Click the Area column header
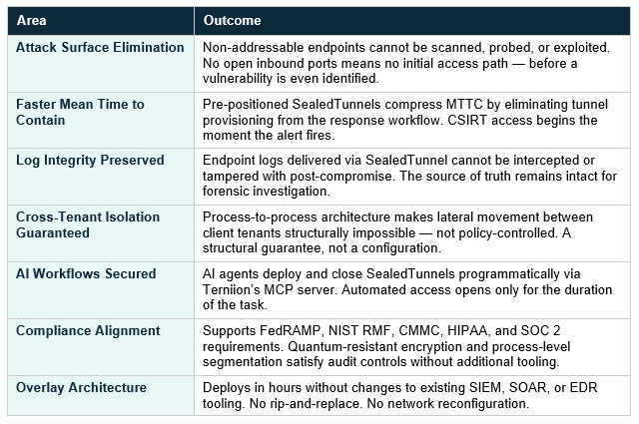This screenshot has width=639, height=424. coord(31,20)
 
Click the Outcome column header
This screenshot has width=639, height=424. coord(232,20)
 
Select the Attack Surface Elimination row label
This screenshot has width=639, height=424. coord(100,47)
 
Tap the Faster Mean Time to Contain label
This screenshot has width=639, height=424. coord(80,112)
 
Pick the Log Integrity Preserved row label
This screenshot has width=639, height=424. coord(90,160)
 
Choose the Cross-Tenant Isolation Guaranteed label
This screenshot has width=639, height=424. coord(88,224)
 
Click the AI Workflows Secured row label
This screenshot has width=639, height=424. coord(86,273)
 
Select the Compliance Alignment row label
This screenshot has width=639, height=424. coord(88,331)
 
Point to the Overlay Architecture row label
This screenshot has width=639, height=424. coord(81,387)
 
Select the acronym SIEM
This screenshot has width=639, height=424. coord(485,387)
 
